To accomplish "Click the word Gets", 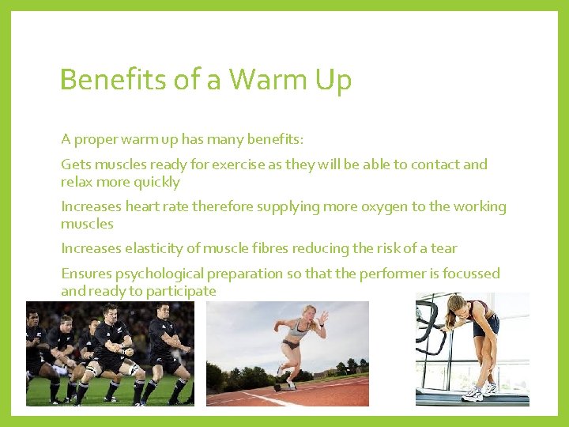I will point(77,164).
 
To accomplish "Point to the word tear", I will point(443,248).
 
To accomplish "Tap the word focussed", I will point(471,274).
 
